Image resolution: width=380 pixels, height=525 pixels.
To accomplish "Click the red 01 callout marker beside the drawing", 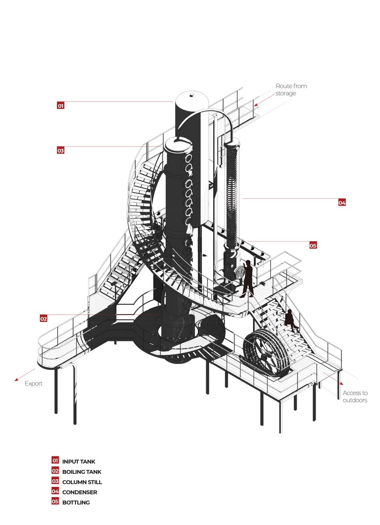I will coord(60,105).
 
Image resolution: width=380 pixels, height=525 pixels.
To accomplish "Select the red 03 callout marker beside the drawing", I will coord(60,150).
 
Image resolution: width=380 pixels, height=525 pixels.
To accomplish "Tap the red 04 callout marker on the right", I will coord(342,203).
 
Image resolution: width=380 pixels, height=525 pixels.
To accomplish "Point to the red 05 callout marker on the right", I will coord(313,245).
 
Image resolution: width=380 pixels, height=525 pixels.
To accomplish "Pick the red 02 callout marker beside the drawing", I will coord(43,318).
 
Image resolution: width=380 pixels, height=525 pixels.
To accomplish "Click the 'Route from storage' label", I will coord(291,89).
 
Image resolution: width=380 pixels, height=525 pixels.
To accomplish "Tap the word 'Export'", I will coord(34,384).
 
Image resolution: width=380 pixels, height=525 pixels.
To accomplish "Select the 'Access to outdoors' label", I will coord(355,396).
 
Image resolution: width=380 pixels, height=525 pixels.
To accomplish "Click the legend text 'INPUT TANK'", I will coord(78,462).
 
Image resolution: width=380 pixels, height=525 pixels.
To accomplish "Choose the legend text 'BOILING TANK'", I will coord(81,472).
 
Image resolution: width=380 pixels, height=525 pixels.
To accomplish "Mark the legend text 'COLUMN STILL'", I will coord(82,482).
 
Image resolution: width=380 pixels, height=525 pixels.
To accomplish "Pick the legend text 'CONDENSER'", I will coord(79,492).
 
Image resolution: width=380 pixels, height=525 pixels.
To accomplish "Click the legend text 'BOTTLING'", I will coord(76,502).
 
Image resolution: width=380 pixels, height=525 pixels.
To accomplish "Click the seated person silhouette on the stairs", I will coord(290,319).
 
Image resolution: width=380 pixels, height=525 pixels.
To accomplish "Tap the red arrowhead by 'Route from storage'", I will coord(257,105).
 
